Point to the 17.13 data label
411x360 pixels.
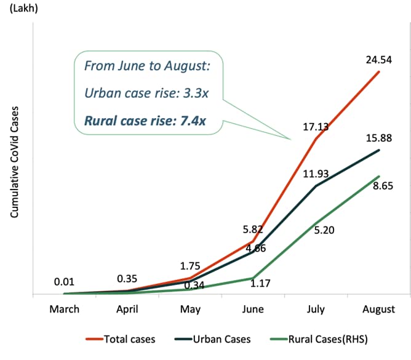click(315, 127)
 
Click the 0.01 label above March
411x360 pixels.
click(64, 282)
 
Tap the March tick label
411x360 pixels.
click(65, 309)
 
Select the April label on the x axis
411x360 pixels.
click(128, 309)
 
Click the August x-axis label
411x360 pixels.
click(378, 309)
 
